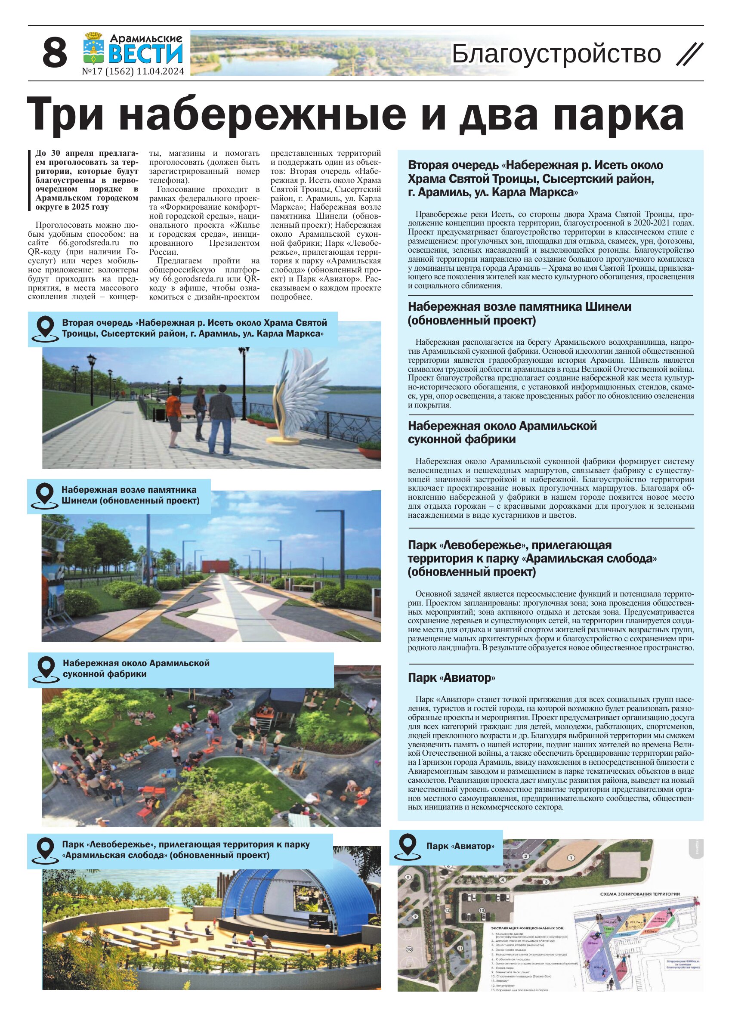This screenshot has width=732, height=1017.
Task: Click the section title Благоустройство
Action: (x=556, y=54)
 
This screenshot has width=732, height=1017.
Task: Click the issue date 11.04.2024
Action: (x=161, y=71)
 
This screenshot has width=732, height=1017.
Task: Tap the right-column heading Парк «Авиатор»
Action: (x=451, y=677)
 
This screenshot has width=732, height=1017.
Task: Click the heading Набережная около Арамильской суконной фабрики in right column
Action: (x=502, y=432)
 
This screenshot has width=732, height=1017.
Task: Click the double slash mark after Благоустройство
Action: (x=689, y=54)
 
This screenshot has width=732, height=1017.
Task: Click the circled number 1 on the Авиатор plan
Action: (x=571, y=857)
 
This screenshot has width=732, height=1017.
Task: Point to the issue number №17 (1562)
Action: (x=107, y=71)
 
